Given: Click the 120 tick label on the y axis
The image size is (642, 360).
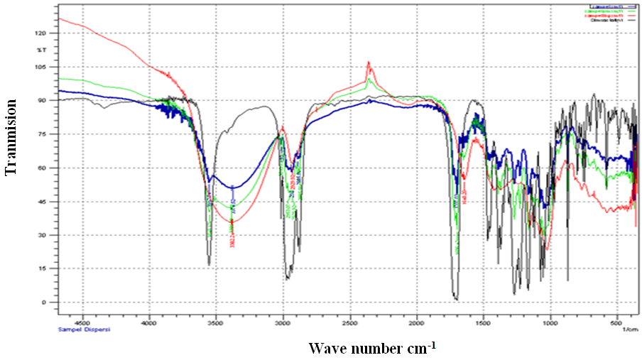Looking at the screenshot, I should point(40,33).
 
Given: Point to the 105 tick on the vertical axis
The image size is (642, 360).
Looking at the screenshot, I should point(40,67).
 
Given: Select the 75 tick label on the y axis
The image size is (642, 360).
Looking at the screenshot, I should point(42,134).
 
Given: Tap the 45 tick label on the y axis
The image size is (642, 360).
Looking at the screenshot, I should point(42,202).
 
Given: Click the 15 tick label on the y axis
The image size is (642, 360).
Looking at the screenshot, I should point(42,268).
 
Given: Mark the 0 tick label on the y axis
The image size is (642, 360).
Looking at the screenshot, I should point(43,302).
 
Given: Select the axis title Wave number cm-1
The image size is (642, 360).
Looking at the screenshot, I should point(372,348).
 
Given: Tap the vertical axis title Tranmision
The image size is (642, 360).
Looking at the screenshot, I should point(11,137).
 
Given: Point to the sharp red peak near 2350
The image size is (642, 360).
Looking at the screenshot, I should point(369,62).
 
